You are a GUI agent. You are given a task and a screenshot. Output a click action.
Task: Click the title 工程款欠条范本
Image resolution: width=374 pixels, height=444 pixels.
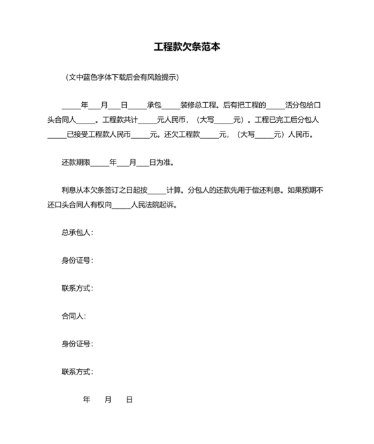(187, 47)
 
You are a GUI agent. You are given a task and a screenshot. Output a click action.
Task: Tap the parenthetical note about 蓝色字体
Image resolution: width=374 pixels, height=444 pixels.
(122, 77)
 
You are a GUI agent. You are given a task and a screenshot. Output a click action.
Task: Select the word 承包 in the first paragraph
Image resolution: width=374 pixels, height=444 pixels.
(154, 105)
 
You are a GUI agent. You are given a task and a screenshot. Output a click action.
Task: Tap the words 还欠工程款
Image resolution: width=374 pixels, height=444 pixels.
(183, 134)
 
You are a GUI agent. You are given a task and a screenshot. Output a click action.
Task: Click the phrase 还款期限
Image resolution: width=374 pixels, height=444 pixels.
(75, 162)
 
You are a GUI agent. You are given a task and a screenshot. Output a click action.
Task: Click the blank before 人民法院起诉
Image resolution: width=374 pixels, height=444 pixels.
(122, 205)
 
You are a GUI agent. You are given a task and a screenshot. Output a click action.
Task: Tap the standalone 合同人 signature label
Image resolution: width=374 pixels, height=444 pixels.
(73, 316)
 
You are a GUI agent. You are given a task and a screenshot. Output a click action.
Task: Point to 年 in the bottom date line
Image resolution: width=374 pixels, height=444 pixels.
(86, 400)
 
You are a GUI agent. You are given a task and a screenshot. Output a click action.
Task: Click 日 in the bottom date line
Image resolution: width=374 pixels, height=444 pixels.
(130, 400)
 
